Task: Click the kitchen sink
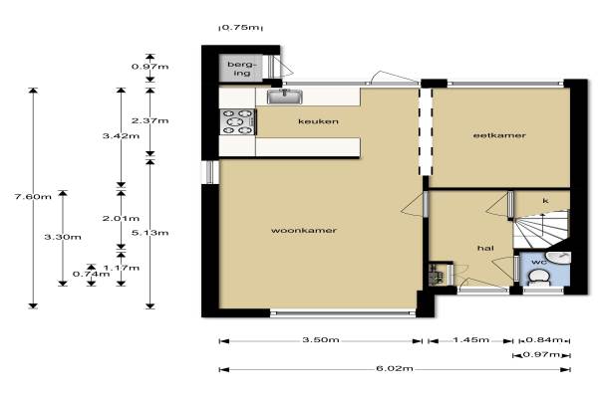tap(284, 97)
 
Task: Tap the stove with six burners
tap(237, 121)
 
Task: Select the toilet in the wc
tap(539, 278)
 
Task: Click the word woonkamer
tap(304, 231)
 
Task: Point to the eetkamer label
tap(499, 135)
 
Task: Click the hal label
tap(485, 249)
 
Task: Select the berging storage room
tap(240, 69)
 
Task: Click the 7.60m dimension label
tap(33, 197)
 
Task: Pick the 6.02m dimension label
tap(395, 368)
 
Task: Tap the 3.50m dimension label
tap(321, 339)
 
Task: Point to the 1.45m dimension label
tap(470, 339)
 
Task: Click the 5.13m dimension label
tap(149, 233)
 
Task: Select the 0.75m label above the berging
tap(240, 28)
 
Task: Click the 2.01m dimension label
tap(121, 218)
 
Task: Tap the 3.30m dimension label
tap(63, 237)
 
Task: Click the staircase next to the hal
tap(541, 230)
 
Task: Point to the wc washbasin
tap(559, 258)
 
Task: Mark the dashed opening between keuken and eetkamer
tap(426, 131)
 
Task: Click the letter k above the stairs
tap(546, 201)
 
